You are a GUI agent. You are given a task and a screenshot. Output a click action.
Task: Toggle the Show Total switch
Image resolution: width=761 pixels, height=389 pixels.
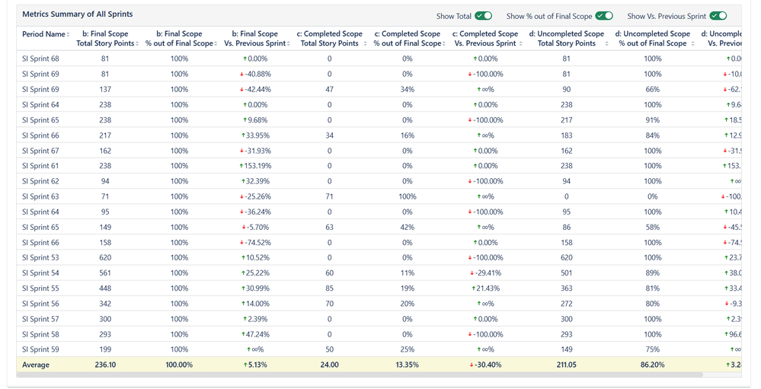(483, 16)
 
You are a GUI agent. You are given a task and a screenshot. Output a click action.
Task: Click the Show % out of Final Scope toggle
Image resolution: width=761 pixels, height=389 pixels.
(604, 16)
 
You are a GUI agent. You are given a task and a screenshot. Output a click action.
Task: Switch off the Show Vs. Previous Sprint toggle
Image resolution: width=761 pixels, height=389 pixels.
(718, 16)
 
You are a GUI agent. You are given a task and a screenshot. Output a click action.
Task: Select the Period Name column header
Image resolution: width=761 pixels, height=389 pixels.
(44, 34)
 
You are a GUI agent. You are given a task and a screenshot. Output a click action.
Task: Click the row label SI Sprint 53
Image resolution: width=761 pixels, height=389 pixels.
(40, 257)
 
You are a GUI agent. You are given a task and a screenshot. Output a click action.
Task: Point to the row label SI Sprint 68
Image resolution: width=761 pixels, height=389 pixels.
(40, 59)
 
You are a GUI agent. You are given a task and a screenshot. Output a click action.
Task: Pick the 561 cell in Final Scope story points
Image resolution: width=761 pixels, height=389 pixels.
(105, 273)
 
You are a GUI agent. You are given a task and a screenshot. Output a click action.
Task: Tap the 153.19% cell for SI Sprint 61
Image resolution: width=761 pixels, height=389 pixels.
(256, 166)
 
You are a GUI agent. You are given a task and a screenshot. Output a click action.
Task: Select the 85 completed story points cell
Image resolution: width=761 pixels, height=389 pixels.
(330, 289)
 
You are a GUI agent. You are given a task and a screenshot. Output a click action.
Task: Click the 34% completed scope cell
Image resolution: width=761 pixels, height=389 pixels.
(408, 89)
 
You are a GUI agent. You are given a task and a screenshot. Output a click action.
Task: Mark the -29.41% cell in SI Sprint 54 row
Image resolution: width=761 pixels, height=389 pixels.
(485, 273)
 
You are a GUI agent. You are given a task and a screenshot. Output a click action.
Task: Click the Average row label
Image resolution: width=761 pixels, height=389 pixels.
(36, 365)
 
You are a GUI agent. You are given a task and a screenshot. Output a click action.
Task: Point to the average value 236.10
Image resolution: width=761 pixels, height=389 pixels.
(105, 365)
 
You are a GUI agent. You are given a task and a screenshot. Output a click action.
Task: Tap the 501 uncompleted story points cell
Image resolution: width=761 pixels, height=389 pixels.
(566, 273)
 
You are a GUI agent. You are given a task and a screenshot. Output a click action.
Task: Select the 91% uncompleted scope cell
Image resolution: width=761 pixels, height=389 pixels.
(653, 120)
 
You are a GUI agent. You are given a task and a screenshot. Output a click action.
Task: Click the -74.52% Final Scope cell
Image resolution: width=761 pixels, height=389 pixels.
(256, 242)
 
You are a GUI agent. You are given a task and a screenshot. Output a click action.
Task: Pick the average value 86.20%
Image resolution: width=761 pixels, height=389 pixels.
(653, 365)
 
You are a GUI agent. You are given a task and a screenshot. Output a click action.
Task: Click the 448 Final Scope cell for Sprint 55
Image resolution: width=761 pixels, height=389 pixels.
(105, 289)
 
